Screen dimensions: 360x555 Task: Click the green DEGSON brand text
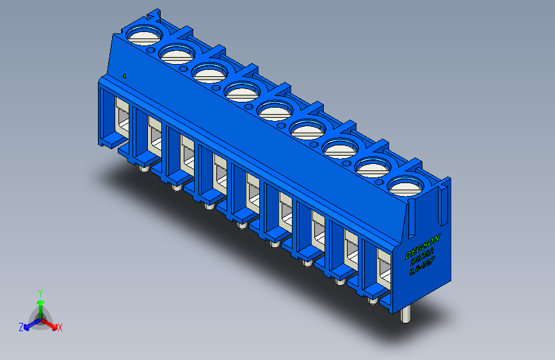pos(422,241)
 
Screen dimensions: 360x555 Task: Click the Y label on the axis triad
pos(40,291)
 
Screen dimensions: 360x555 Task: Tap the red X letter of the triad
pos(60,328)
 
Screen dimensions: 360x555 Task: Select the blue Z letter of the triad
pos(21,327)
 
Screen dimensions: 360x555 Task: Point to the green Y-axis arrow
pos(40,304)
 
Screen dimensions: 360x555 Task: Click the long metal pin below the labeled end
pos(405,315)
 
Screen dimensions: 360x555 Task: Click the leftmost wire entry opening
pos(120,115)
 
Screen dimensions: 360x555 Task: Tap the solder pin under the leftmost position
pos(143,169)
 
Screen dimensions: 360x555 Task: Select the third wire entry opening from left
pos(186,154)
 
